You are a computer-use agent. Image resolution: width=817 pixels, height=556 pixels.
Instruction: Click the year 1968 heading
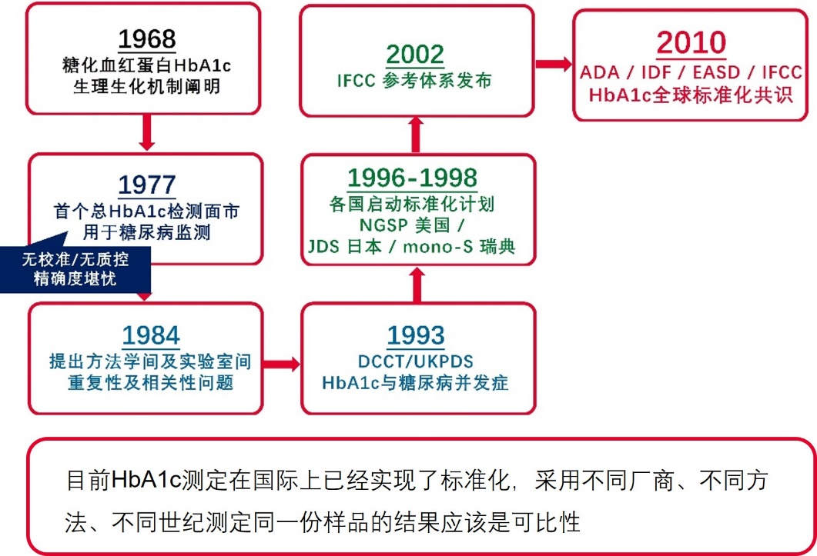[x=147, y=39]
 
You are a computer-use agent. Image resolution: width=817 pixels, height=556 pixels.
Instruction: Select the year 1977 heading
[x=147, y=185]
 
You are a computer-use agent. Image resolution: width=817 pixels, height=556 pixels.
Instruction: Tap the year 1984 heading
[x=151, y=336]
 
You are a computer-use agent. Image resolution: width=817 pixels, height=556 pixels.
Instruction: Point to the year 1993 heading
[x=416, y=336]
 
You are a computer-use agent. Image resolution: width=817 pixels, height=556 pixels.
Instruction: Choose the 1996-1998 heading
[x=412, y=178]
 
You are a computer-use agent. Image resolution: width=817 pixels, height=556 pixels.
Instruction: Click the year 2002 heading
[x=415, y=55]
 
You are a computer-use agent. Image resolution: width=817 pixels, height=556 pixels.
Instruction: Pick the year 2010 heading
[x=691, y=43]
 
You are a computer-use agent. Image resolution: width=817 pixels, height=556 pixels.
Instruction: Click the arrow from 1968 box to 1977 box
[x=147, y=132]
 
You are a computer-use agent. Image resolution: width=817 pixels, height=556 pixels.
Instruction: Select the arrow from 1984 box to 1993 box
[x=281, y=364]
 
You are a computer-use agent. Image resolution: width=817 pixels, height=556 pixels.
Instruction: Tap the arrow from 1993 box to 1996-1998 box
[x=417, y=285]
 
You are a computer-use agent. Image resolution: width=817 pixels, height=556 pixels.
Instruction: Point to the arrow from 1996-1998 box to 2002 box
[x=416, y=135]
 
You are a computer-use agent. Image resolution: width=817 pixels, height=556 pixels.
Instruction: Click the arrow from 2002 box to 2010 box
[x=554, y=64]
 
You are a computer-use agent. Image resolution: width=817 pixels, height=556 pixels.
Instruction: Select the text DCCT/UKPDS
[x=416, y=361]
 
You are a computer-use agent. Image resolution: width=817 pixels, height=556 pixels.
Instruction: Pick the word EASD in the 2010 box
[x=716, y=72]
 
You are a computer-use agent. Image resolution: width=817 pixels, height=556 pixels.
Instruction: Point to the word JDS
[x=323, y=246]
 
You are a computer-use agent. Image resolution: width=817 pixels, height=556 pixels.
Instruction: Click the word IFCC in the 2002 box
[x=357, y=81]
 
